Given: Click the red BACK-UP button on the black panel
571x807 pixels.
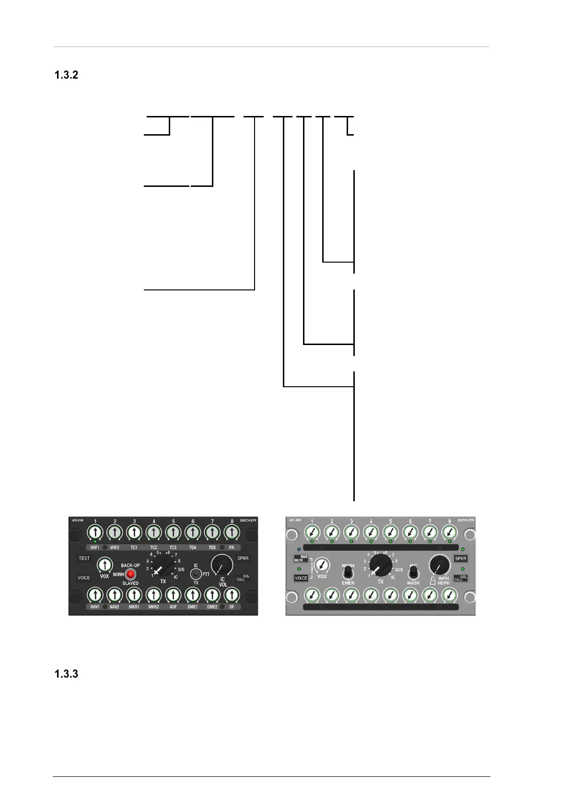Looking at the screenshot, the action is point(130,574).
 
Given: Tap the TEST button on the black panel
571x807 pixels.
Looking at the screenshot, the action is point(84,558).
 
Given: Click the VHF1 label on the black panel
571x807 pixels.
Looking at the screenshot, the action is point(95,547).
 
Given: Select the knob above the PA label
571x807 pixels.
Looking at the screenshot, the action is point(232,532).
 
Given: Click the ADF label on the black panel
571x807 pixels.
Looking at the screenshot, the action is point(173,607).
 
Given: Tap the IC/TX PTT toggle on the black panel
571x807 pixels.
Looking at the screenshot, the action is point(195,574).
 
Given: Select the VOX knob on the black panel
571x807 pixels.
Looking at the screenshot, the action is point(105,565).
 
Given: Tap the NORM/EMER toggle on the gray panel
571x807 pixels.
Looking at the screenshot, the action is point(348,573).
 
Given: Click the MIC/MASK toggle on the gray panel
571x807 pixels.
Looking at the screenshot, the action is point(413,573).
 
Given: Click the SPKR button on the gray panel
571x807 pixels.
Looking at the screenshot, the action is point(461,558).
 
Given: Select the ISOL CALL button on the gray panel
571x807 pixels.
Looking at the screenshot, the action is point(461,578).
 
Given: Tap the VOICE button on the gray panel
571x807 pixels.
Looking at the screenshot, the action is point(301,578).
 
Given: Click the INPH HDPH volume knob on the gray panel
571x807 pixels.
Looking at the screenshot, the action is point(439,565).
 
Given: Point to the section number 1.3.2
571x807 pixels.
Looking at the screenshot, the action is point(66,75).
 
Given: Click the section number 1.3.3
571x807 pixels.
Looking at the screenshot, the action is point(66,674).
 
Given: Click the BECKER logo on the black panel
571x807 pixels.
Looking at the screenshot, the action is point(248,520).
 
